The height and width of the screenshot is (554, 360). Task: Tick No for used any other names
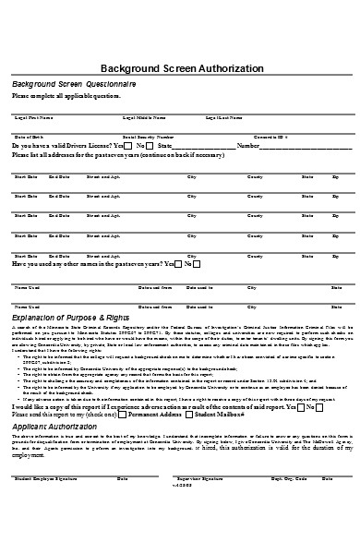198,264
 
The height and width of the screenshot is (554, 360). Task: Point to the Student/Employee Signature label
44,504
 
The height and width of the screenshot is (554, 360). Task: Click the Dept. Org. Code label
288,504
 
